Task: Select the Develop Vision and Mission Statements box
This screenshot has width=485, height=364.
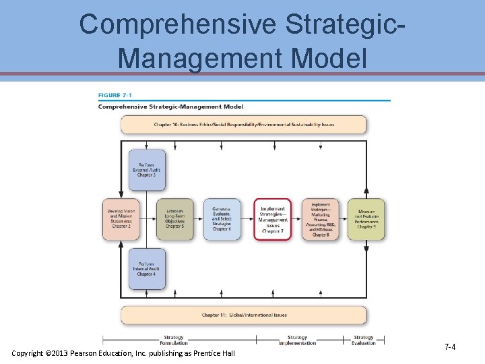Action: pyautogui.click(x=121, y=219)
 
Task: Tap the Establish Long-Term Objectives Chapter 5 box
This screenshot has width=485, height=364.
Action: pyautogui.click(x=174, y=219)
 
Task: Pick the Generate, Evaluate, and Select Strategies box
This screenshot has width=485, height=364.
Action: pyautogui.click(x=222, y=219)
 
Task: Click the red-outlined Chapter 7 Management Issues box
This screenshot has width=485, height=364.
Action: pyautogui.click(x=272, y=219)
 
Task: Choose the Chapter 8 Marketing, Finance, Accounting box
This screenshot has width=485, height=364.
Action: pyautogui.click(x=321, y=219)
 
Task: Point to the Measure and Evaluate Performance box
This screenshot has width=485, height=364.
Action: pyautogui.click(x=366, y=219)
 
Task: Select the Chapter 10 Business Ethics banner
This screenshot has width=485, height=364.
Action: pyautogui.click(x=243, y=125)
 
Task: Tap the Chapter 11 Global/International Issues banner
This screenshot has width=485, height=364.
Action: pyautogui.click(x=243, y=315)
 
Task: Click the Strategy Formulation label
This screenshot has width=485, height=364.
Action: pyautogui.click(x=173, y=340)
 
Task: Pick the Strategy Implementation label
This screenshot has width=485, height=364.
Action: pyautogui.click(x=296, y=340)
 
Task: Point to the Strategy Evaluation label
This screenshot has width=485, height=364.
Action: pyautogui.click(x=363, y=340)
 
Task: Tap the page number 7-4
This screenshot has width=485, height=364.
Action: pyautogui.click(x=450, y=346)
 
